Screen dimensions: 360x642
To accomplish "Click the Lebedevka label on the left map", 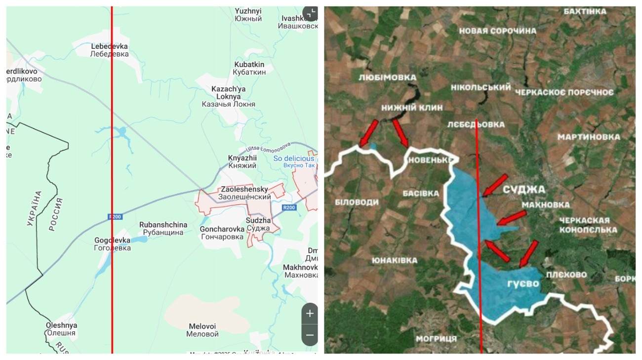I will click(x=110, y=50).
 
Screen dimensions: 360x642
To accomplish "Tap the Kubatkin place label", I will click(x=249, y=68).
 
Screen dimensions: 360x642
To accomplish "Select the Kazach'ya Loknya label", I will click(x=228, y=96).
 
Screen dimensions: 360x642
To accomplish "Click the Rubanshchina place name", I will click(x=163, y=229).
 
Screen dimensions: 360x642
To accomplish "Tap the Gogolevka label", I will click(x=113, y=244).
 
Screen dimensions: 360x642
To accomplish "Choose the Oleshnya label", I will click(x=61, y=329).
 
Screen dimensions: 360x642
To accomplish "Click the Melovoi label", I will click(x=202, y=330).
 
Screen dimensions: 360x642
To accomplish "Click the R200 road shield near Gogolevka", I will click(x=115, y=217).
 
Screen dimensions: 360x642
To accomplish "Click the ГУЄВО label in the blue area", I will click(x=522, y=284).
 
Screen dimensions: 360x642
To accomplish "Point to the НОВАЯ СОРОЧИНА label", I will click(x=497, y=31).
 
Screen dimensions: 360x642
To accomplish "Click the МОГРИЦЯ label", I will click(x=436, y=339).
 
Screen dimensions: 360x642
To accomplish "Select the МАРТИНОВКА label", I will click(x=589, y=137).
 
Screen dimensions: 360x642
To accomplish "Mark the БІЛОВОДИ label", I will click(x=357, y=202).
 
